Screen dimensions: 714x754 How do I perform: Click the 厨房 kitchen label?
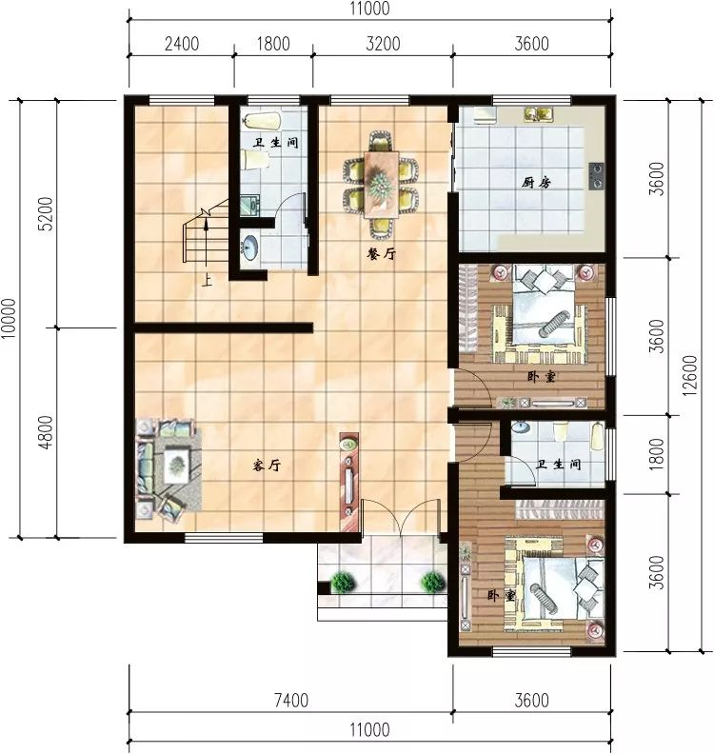coord(536,183)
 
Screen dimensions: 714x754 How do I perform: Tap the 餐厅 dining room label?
coord(382,254)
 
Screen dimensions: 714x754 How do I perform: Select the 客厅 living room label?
coord(267,465)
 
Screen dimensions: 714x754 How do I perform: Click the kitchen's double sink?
coord(539,114)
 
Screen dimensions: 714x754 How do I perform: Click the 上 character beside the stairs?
coord(207,280)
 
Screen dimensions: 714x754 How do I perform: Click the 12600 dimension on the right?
coord(689,376)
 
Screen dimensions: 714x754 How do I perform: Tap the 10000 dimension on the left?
coord(9,319)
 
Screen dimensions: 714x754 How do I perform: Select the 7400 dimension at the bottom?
coord(291,700)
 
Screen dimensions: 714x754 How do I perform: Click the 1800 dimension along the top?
coord(273,44)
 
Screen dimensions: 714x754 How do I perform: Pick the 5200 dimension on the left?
coord(46,214)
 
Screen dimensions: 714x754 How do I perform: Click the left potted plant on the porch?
coord(343,583)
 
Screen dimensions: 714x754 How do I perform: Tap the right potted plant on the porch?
coord(432,583)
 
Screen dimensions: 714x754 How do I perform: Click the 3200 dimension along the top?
coord(383,44)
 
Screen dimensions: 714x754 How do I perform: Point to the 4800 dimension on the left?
coord(46,432)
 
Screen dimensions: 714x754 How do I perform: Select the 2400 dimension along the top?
coord(182,44)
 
